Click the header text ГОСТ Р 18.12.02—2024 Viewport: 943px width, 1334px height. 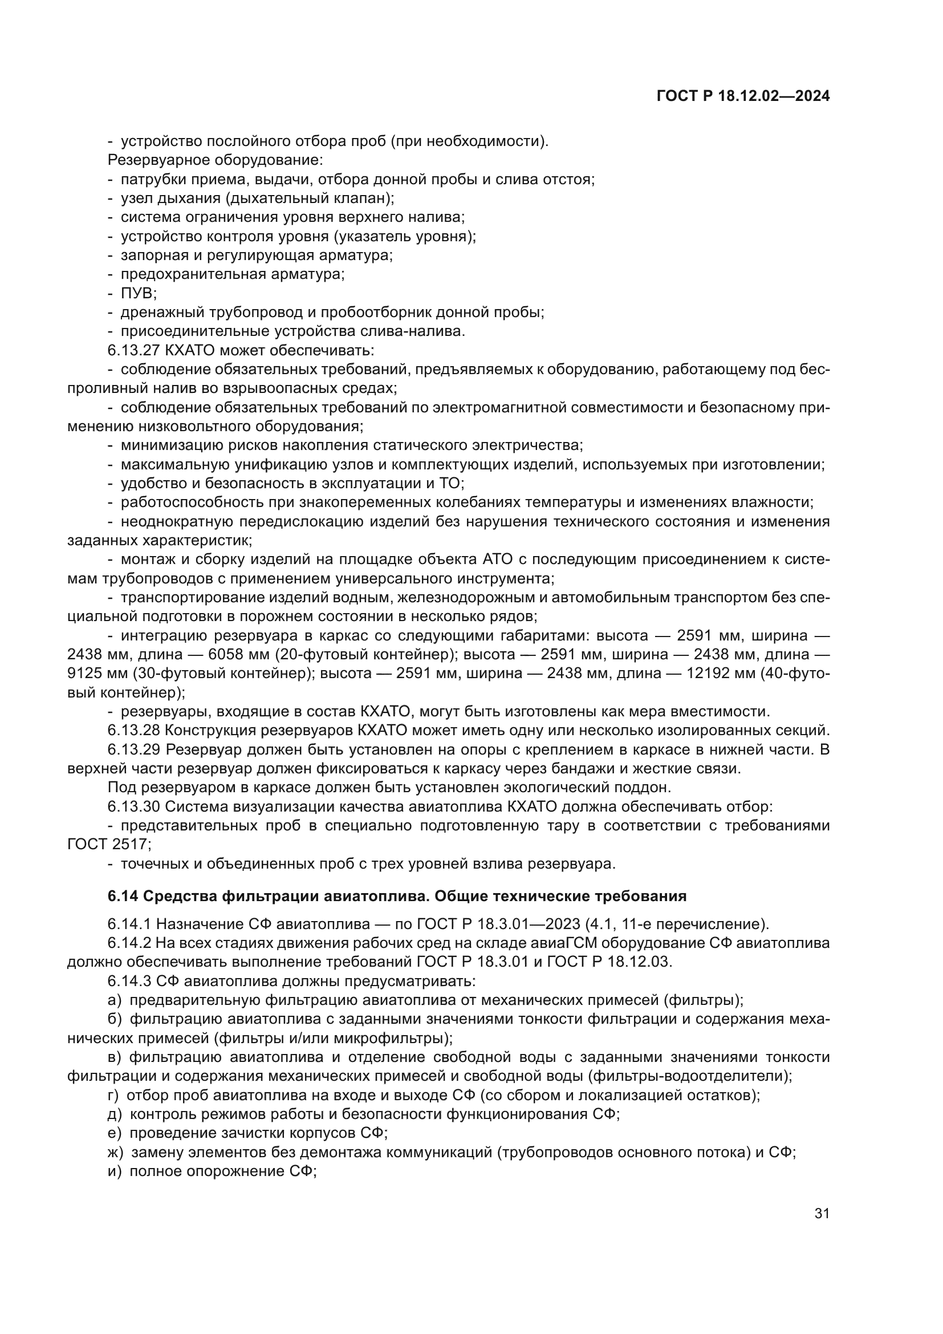[743, 96]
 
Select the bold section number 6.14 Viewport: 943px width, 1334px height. [123, 896]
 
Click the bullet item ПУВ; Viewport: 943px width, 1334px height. [138, 293]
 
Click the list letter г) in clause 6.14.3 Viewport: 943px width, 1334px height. [114, 1095]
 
